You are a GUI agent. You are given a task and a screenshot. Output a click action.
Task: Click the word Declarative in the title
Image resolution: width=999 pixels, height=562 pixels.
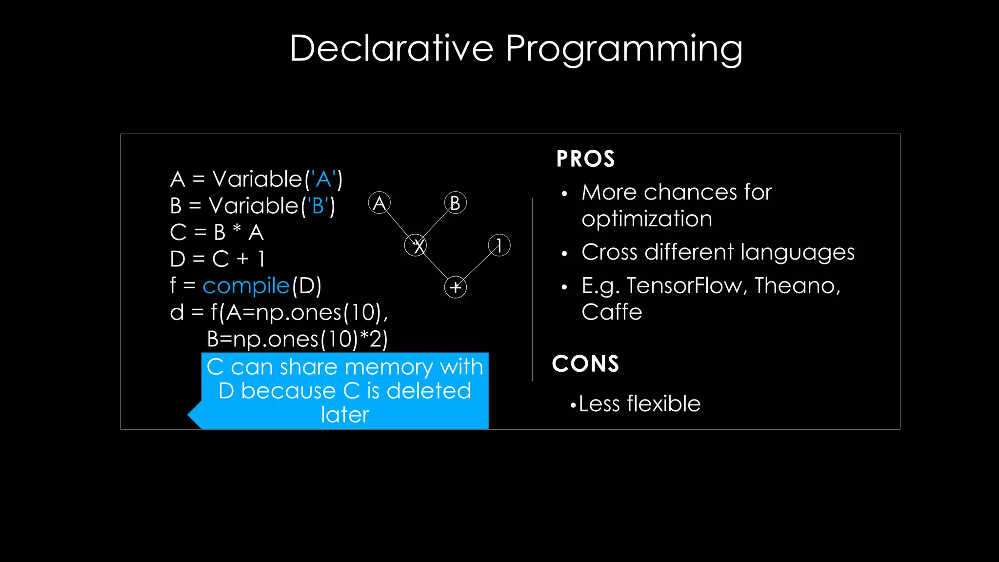[391, 48]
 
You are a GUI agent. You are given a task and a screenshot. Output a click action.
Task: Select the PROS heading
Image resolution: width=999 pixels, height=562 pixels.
[585, 159]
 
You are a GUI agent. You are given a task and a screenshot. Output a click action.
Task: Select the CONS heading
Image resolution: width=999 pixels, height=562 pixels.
[585, 364]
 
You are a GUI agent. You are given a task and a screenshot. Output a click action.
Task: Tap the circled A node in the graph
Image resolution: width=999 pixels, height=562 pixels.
[380, 203]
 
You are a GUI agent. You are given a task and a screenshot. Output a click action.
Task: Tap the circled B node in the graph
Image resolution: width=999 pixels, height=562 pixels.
[455, 203]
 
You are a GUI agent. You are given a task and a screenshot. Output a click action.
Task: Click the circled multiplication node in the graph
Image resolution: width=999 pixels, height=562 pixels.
[416, 245]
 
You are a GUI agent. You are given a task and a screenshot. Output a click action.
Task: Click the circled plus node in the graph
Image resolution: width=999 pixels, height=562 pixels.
[455, 287]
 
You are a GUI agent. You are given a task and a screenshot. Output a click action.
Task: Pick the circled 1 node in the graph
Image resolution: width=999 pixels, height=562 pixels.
[499, 245]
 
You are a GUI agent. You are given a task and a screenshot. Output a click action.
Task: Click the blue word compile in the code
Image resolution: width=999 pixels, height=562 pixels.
[246, 286]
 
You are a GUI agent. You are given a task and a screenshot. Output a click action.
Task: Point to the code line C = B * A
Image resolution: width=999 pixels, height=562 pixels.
[217, 233]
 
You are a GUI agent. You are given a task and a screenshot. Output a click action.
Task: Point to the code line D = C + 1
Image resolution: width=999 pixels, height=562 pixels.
[217, 259]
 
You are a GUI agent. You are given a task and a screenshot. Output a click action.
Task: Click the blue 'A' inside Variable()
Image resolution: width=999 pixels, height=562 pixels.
[323, 180]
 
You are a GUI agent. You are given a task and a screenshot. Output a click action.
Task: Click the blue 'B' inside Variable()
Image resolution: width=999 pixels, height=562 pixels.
[317, 206]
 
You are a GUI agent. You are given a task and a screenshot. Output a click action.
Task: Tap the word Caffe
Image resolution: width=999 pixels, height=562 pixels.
[612, 312]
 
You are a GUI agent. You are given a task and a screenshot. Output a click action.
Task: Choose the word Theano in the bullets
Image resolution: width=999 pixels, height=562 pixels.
[797, 285]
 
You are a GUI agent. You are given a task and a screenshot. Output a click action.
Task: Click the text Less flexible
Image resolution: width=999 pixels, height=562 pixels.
[639, 404]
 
